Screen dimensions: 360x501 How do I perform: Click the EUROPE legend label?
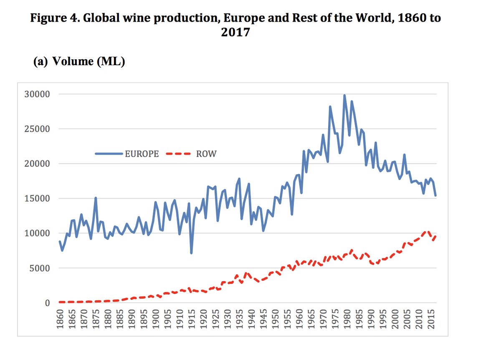point(142,154)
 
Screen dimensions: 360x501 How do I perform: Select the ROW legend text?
point(206,154)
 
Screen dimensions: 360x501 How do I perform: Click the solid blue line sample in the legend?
point(109,154)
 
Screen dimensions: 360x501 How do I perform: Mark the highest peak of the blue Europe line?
point(344,96)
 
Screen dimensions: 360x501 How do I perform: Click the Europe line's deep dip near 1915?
point(191,253)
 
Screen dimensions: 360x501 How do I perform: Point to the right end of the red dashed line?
point(436,236)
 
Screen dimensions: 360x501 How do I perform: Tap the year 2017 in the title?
point(235,32)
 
